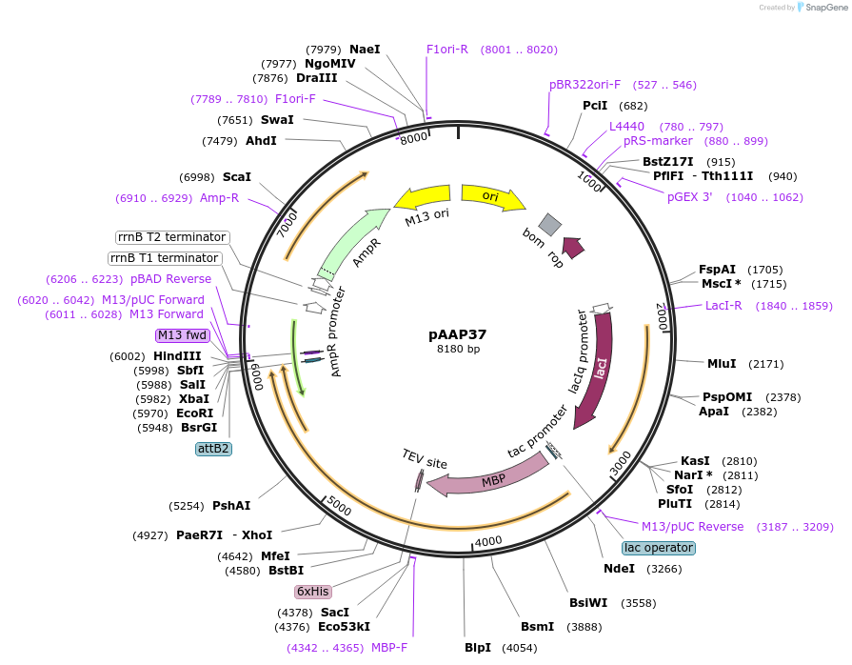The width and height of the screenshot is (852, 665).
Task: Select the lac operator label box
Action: coord(659,548)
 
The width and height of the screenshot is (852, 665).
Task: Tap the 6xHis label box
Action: coord(312,591)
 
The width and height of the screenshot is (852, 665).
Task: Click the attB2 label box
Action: coord(213,448)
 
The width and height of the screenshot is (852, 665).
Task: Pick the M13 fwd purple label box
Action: coord(182,335)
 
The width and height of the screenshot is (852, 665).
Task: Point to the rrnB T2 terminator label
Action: coord(171,237)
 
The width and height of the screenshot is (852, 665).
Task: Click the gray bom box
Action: coord(550,224)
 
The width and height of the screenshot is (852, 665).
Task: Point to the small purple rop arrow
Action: coord(573,248)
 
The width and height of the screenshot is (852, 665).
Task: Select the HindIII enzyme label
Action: coord(177,355)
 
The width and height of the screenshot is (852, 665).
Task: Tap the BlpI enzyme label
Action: coord(478,648)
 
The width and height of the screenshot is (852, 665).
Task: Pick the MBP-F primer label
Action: coord(389,648)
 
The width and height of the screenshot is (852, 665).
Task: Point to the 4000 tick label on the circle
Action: coord(488,541)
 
